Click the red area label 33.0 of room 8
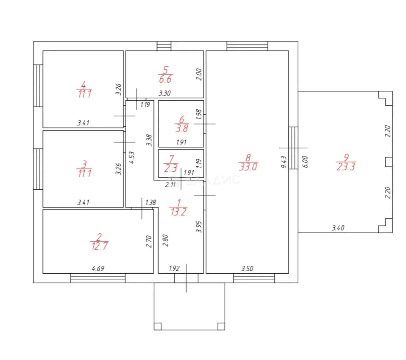coord(248,166)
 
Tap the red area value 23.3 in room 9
coord(346,166)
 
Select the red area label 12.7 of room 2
coord(100,246)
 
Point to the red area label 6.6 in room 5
coord(165,79)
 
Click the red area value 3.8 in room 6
coord(182,128)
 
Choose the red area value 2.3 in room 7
coord(171,168)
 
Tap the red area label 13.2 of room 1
coord(178,212)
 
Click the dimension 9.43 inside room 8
coord(284,162)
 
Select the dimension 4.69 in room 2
coord(98,268)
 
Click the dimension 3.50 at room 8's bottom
coord(247,268)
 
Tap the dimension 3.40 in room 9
coord(338,228)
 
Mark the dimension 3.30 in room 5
coord(165,93)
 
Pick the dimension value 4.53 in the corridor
coord(132,158)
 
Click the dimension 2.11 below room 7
coord(170,184)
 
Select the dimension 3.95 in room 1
coord(199,227)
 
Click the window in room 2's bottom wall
coord(98,278)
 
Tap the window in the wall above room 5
coord(164,46)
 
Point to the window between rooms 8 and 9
coord(293,148)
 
